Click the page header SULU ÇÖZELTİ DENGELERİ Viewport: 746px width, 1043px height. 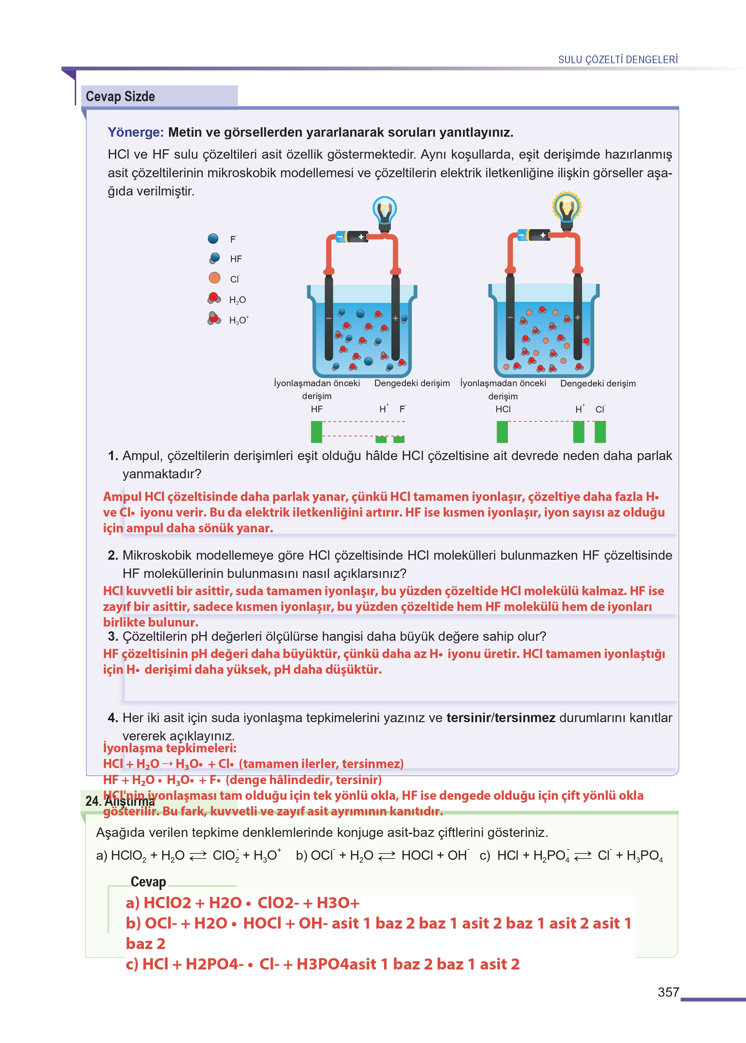click(x=618, y=60)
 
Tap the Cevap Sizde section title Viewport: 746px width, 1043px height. click(x=120, y=96)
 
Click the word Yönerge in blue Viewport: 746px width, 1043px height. click(x=135, y=132)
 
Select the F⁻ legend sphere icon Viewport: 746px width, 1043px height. click(x=213, y=239)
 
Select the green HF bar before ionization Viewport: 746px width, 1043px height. click(x=317, y=432)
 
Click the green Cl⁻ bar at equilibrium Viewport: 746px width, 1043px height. click(x=600, y=432)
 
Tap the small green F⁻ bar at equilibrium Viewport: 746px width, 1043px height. click(x=399, y=439)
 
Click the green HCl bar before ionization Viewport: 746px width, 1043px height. click(x=503, y=432)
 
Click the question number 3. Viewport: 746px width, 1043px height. click(x=112, y=636)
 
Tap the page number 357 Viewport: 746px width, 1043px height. click(x=668, y=992)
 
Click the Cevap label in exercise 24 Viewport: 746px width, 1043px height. click(x=148, y=882)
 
